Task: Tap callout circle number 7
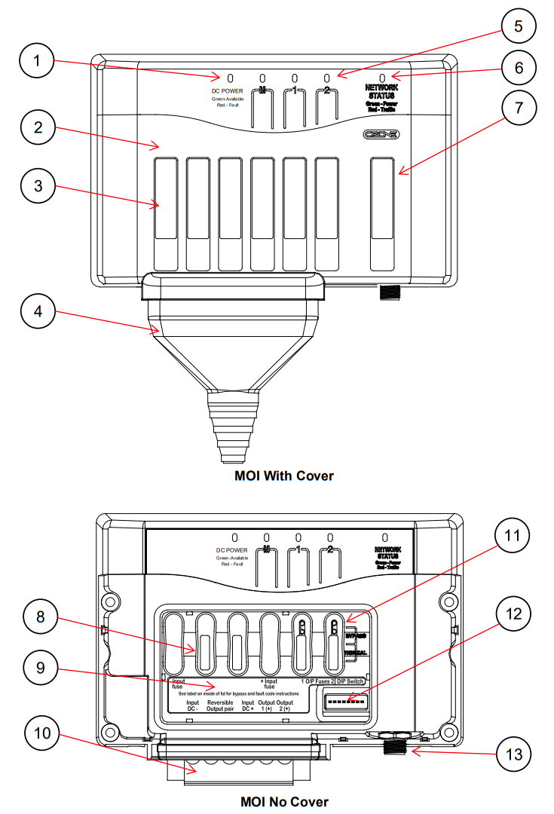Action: point(517,109)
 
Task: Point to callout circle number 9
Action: point(35,668)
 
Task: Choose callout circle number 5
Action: point(517,26)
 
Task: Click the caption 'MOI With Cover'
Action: point(283,476)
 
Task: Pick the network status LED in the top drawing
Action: point(383,78)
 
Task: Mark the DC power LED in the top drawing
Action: point(231,78)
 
